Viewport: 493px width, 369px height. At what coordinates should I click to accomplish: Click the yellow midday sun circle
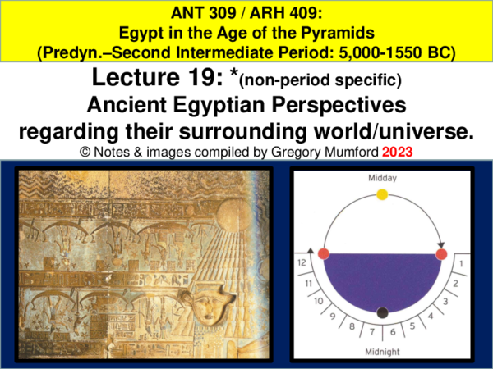(x=381, y=194)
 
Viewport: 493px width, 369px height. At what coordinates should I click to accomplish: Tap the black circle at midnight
(x=381, y=312)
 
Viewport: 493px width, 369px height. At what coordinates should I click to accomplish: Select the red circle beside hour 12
(x=324, y=254)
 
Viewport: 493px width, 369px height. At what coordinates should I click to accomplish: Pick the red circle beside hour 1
(x=441, y=254)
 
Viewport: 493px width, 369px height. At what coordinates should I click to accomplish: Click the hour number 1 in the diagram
(x=461, y=264)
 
